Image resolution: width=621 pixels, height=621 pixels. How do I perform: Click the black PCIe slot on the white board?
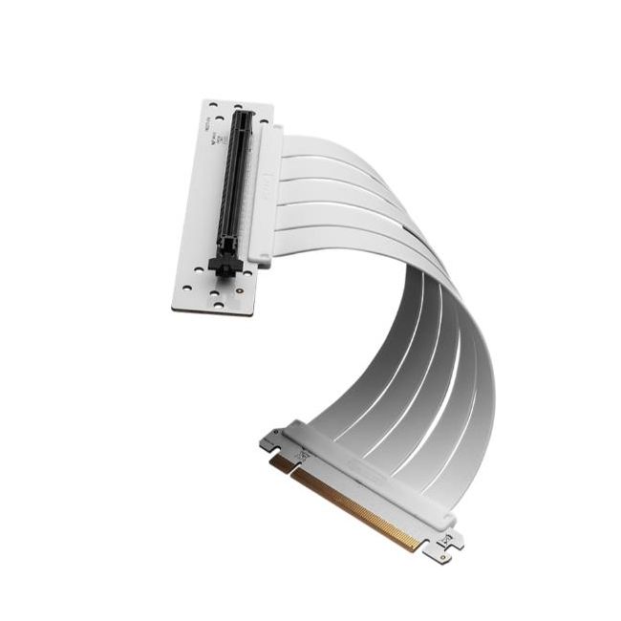click(x=235, y=191)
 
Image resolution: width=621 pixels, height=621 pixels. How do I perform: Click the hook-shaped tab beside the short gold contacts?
click(x=271, y=440)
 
